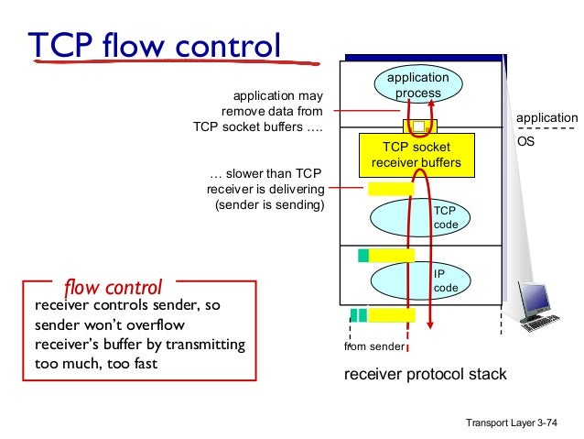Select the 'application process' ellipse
[417, 85]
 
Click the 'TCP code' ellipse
[417, 217]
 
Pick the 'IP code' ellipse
[417, 280]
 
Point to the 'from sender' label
[373, 347]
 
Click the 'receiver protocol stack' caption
[425, 374]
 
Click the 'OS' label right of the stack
[526, 143]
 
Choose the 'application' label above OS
[547, 118]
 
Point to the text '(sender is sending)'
[270, 204]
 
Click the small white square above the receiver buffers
[418, 126]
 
